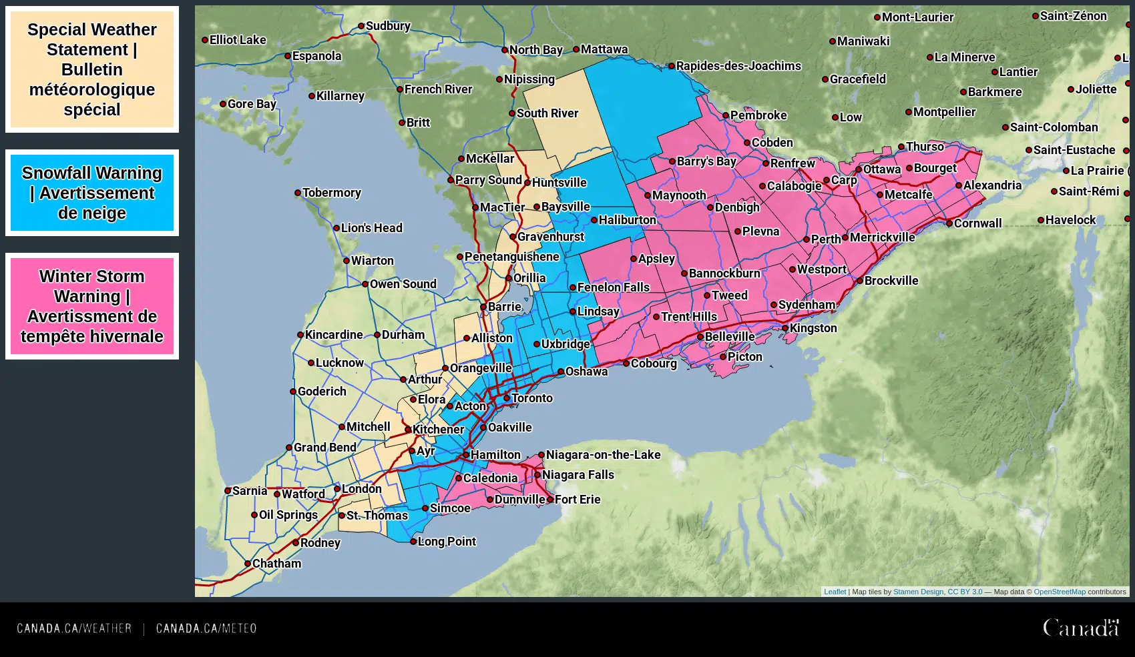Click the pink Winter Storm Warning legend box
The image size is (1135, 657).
tap(92, 306)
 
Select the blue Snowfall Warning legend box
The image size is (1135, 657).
tap(92, 193)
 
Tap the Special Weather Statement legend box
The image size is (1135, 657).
tap(92, 69)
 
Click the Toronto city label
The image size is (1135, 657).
tap(531, 398)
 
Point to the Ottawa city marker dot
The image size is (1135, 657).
tap(859, 169)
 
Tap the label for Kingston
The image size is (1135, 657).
tap(813, 328)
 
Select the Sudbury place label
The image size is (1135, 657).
tap(388, 26)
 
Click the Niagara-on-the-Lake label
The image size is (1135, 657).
tap(603, 455)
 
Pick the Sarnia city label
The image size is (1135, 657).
tap(249, 491)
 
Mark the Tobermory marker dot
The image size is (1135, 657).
tap(298, 193)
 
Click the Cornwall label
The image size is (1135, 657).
tap(977, 223)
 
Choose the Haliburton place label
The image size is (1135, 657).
tap(627, 220)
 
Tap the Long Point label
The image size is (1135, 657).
tap(447, 542)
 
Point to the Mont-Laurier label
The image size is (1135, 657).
tap(917, 17)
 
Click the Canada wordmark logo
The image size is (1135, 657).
tap(1081, 628)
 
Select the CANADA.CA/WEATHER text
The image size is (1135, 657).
tap(74, 628)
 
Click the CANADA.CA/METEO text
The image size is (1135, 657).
tap(206, 628)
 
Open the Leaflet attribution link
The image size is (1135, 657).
tap(835, 592)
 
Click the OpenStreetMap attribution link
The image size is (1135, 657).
tap(1059, 592)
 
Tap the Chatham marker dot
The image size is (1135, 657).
tap(248, 564)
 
